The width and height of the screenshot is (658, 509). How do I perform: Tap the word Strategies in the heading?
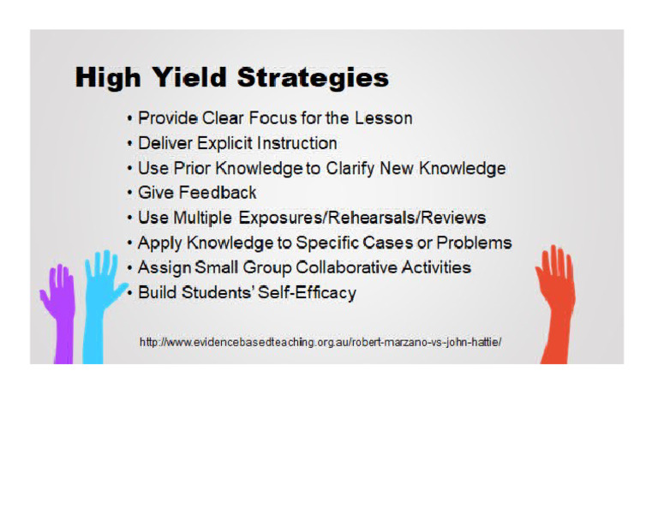(x=313, y=79)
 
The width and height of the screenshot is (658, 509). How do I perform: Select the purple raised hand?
(x=58, y=308)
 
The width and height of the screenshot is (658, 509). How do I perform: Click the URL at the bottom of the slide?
(x=320, y=342)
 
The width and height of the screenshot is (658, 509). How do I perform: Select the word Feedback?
(x=218, y=193)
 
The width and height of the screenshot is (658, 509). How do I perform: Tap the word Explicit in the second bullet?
(x=226, y=143)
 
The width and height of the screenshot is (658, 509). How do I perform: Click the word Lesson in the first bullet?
(x=385, y=118)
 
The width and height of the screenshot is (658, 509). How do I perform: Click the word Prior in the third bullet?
(x=188, y=168)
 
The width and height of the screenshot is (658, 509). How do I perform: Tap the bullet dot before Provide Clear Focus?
(x=129, y=119)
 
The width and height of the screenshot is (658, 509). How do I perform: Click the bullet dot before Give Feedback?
(x=129, y=194)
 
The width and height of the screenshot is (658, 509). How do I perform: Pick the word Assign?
(x=163, y=267)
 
